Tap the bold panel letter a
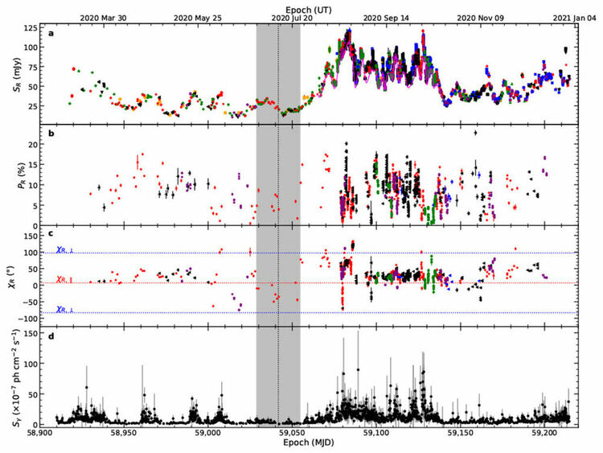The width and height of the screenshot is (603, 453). [x=51, y=34]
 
